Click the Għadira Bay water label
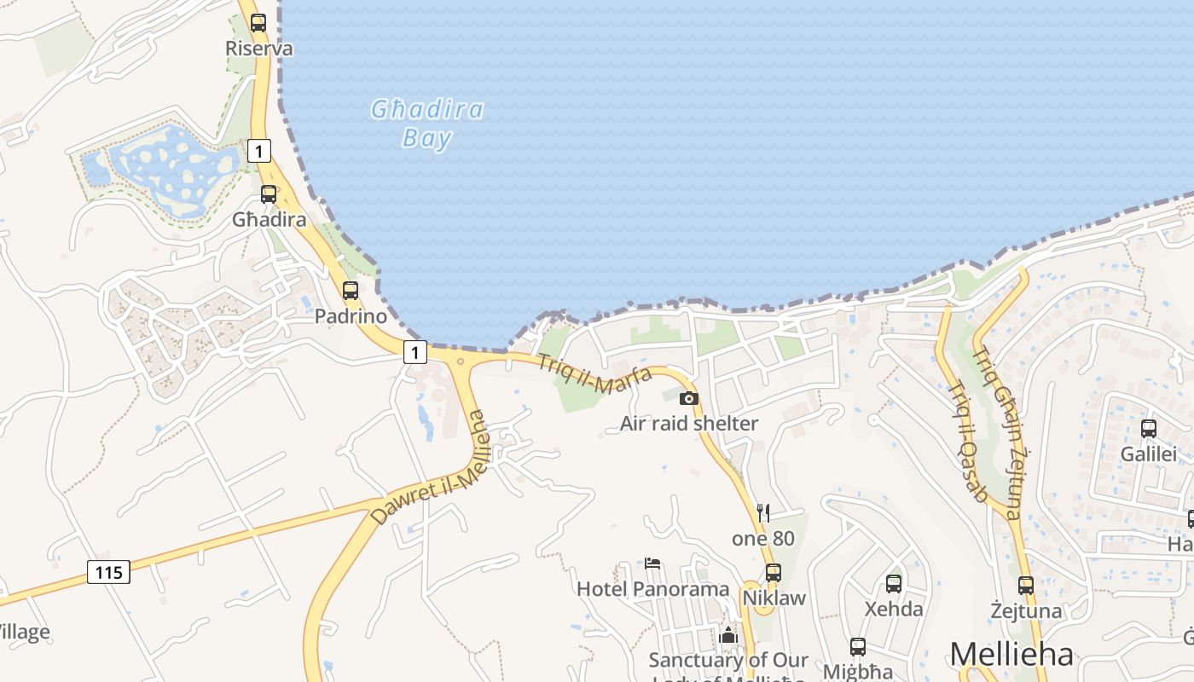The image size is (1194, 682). tap(427, 124)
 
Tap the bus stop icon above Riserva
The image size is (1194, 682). tap(258, 23)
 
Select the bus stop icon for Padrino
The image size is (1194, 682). tap(350, 291)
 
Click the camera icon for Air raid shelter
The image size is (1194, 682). tap(688, 398)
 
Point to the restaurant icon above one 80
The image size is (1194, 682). tap(763, 512)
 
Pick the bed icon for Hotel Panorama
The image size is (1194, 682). tap(652, 563)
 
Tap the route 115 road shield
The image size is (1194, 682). tap(109, 572)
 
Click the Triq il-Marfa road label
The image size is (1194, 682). tap(594, 374)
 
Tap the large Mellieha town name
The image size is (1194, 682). tap(1011, 654)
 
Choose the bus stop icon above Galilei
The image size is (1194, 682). tap(1148, 429)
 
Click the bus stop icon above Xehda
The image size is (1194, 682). tap(894, 584)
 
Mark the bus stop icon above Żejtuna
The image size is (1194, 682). tap(1026, 586)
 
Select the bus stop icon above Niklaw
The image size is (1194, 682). tap(774, 573)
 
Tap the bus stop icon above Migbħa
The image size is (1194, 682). tap(858, 647)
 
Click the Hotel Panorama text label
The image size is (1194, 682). tap(653, 589)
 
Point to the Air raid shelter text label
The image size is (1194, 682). tap(689, 424)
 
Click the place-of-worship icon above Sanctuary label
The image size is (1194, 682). tap(728, 635)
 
